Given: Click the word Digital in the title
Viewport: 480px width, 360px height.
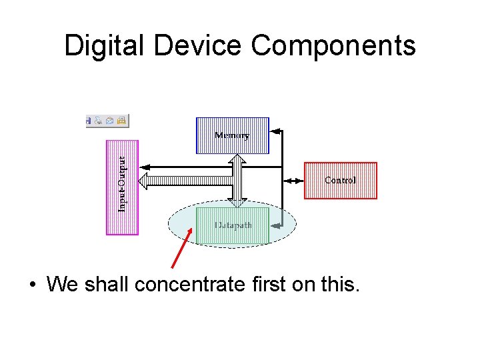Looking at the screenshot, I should click(x=107, y=46).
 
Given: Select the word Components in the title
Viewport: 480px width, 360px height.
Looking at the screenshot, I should click(x=333, y=46).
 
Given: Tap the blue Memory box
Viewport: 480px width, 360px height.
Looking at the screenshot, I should click(x=232, y=135).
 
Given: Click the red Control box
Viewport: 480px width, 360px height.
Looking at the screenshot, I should click(x=340, y=180).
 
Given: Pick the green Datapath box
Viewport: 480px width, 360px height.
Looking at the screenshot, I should click(x=233, y=225).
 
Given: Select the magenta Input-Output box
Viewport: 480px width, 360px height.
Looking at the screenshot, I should click(x=123, y=187).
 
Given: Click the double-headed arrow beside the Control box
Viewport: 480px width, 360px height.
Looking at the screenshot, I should click(x=293, y=181).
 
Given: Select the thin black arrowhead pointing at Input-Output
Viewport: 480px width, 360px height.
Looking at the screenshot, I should click(x=145, y=167).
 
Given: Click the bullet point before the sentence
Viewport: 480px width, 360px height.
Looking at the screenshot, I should click(x=31, y=285).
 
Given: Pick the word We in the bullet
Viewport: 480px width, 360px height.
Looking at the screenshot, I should click(x=62, y=285).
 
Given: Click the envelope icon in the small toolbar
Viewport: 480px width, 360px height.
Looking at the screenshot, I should click(x=110, y=121).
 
